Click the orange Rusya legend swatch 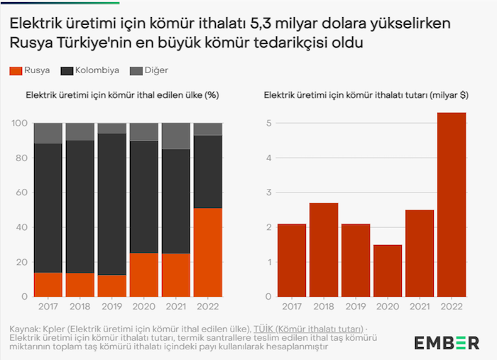15,71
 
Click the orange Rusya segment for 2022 207,252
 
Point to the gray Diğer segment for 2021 175,136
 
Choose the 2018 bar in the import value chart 324,249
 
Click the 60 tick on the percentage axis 22,192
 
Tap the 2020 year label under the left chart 143,307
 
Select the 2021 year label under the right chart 420,307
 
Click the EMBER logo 447,343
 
